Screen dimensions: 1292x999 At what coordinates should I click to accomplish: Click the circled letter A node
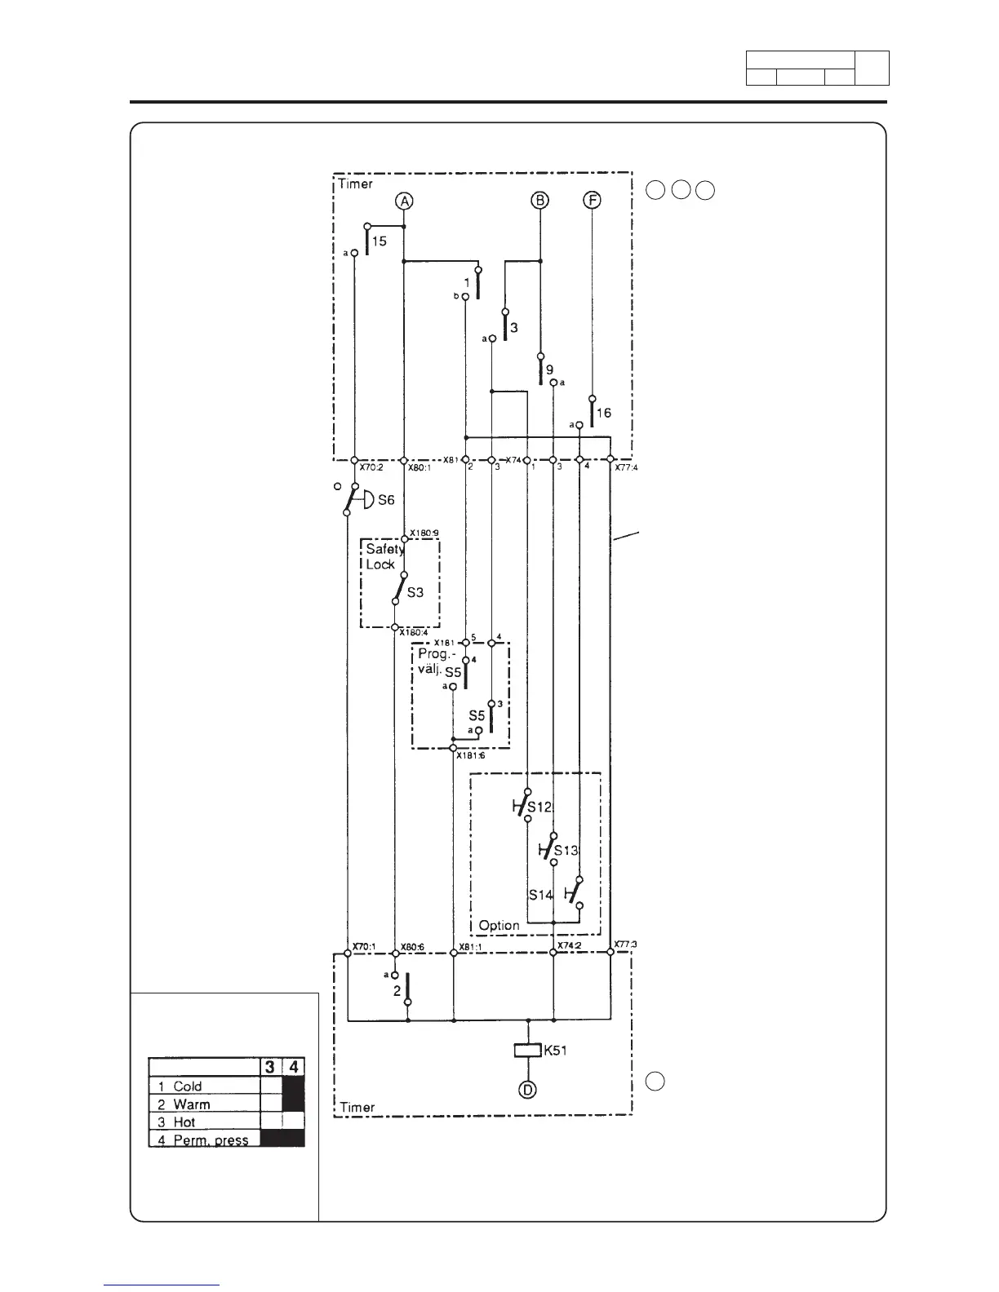pos(403,200)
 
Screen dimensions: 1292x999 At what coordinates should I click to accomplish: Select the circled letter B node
pos(540,200)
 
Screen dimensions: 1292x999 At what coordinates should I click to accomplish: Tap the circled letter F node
pos(592,200)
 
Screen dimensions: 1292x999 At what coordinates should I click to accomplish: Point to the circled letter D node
pos(528,1089)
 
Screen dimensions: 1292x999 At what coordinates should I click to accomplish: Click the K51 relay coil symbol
pos(528,1051)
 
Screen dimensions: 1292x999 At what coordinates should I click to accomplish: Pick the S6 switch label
pos(386,500)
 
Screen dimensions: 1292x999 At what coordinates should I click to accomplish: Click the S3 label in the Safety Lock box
pos(415,593)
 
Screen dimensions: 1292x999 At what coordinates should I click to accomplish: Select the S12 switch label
pos(539,807)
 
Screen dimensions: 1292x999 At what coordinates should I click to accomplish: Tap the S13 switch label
pos(566,851)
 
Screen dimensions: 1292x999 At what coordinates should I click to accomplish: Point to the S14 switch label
pos(540,895)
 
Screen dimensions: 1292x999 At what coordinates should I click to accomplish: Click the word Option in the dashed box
pos(499,925)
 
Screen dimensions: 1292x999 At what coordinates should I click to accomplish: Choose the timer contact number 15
pos(380,241)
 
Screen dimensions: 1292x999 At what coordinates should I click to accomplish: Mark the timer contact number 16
pos(603,414)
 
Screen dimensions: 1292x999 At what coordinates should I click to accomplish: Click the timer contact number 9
pos(549,369)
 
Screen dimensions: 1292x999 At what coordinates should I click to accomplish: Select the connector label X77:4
pos(626,468)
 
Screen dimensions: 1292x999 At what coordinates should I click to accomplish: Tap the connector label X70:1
pos(363,947)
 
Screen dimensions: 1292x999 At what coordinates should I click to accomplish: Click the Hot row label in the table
pos(184,1122)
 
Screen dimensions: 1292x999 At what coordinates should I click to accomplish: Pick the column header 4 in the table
pos(293,1067)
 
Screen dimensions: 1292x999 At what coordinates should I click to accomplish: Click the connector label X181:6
pos(471,755)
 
